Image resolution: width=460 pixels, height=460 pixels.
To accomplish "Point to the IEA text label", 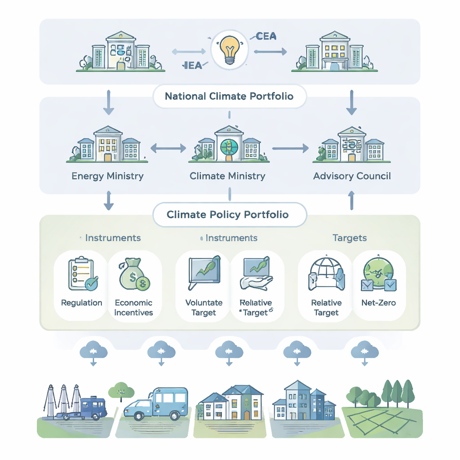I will coord(193,65).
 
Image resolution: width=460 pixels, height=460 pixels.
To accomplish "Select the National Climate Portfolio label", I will coord(229,96).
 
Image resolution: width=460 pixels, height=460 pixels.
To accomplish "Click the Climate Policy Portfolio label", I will coord(228,214).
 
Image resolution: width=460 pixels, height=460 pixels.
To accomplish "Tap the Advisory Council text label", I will coord(352,176).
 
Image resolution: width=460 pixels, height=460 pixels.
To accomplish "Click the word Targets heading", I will coord(349,238).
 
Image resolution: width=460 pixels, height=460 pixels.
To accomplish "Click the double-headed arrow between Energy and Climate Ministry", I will coord(168,147).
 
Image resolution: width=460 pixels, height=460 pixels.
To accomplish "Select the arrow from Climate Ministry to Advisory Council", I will coord(290,148).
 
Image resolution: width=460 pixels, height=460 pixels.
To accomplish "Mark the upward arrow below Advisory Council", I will coord(352,200).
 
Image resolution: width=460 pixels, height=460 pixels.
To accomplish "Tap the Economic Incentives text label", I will coord(134,308).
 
